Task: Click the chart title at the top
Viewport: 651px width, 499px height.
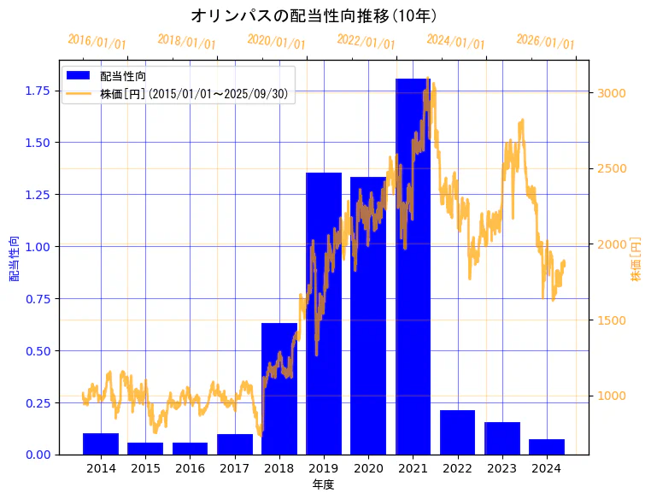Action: tap(314, 15)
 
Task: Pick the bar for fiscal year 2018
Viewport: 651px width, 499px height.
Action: tap(279, 389)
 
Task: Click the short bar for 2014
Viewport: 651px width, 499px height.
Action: tap(101, 443)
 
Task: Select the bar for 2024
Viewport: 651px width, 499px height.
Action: tap(546, 447)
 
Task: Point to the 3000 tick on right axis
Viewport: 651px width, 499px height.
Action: tap(611, 93)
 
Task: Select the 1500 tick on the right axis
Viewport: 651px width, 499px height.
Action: tap(611, 320)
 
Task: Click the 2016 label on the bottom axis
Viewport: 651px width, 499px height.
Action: tap(190, 468)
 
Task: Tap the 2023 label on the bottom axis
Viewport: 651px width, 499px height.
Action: tap(501, 468)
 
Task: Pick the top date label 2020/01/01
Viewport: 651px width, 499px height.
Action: tap(276, 42)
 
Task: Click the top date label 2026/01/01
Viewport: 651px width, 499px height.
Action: tap(545, 42)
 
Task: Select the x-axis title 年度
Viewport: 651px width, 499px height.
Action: tap(323, 484)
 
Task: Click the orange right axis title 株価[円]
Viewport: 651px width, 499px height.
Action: tap(635, 260)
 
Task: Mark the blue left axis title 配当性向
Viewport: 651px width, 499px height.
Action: tap(14, 258)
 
